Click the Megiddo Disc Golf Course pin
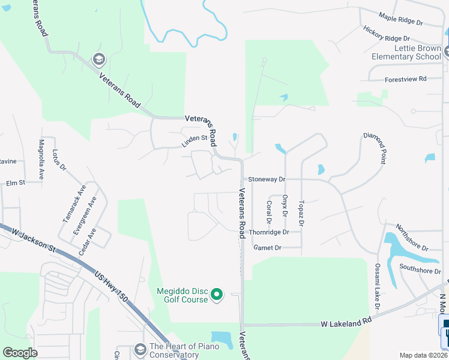tap(218, 295)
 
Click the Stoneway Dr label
tap(267, 179)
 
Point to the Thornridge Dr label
tap(269, 232)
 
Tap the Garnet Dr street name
tap(267, 247)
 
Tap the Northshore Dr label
tap(412, 239)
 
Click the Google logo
tap(20, 353)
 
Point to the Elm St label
tap(15, 182)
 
